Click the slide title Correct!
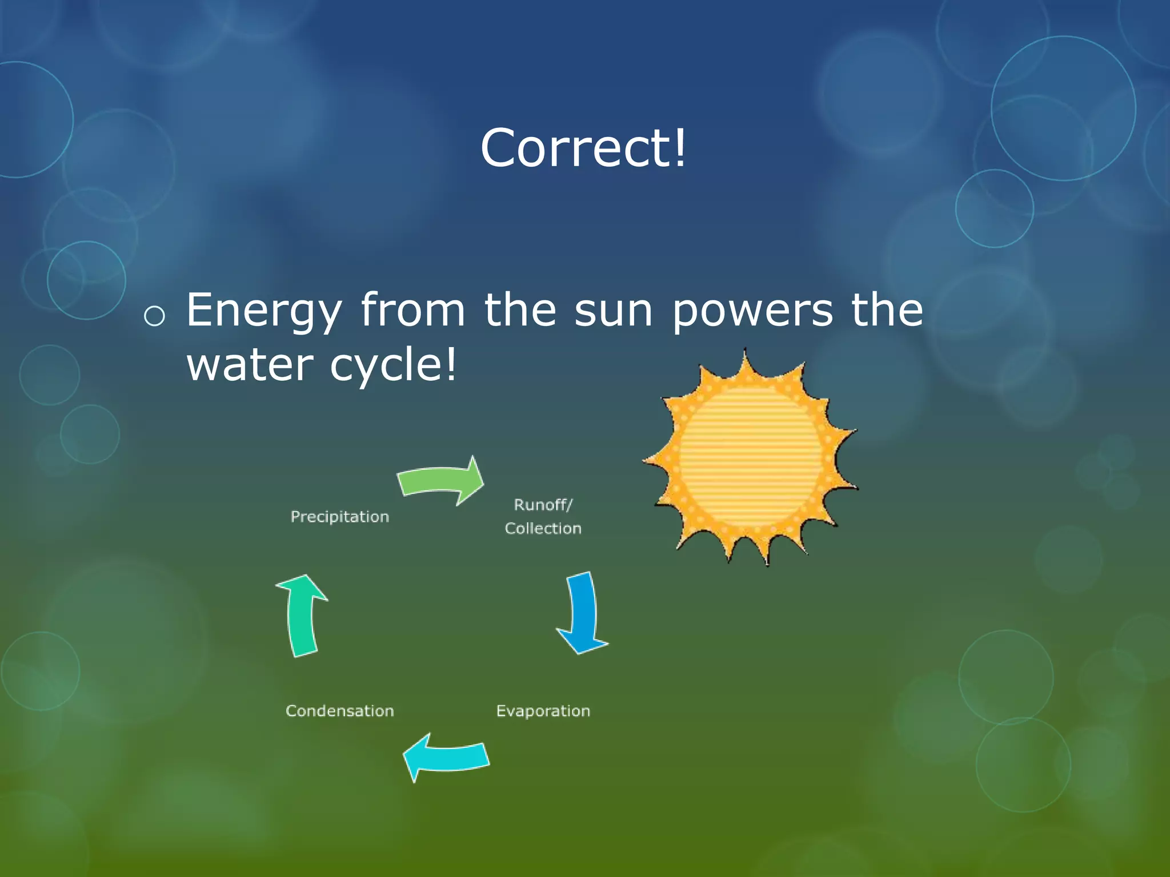pos(583,148)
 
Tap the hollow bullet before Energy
pos(154,316)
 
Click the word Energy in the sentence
pos(263,311)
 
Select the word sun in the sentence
pos(613,311)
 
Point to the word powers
pos(752,311)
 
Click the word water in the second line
pos(250,365)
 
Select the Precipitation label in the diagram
pos(339,517)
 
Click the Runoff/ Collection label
pos(543,517)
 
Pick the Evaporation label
pos(543,711)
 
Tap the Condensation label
pos(339,711)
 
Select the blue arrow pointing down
pos(583,614)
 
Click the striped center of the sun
pos(750,457)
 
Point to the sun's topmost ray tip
pos(744,352)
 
